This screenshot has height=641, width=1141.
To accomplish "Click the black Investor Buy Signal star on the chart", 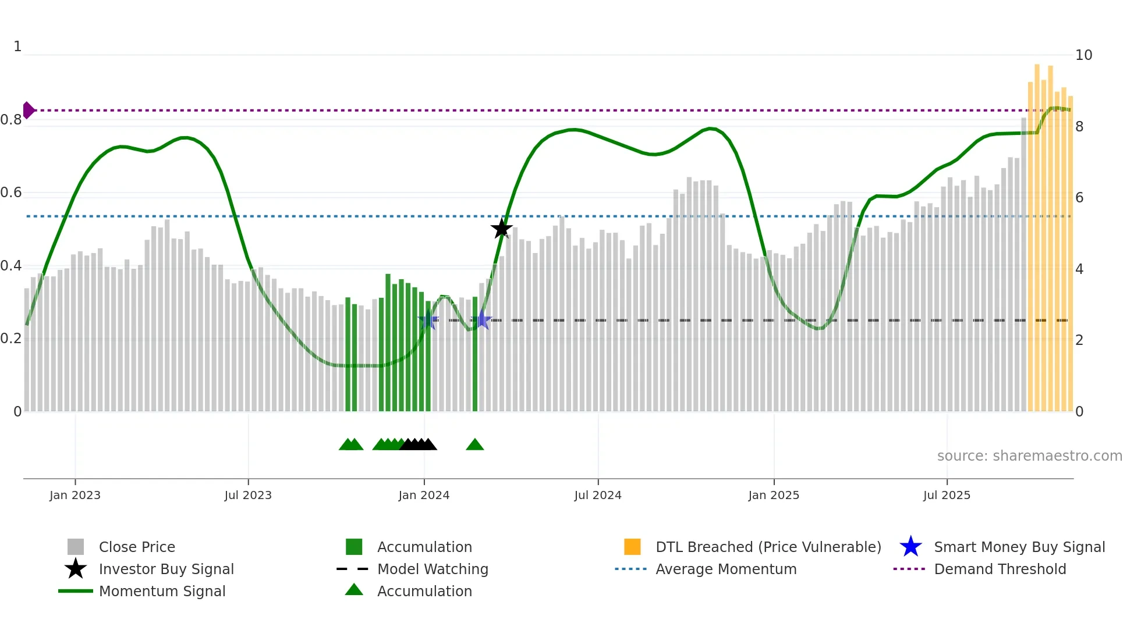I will tap(501, 229).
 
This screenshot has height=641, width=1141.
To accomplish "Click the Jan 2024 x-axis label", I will tap(424, 495).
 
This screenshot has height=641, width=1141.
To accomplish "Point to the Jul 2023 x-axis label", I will tap(248, 495).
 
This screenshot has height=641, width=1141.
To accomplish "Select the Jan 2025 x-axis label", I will tap(774, 495).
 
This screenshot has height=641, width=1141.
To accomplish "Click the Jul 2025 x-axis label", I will tap(947, 495).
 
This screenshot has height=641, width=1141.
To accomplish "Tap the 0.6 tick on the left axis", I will tap(12, 193).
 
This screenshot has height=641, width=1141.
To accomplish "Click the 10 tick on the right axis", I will tap(1083, 55).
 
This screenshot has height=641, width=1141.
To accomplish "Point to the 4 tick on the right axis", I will tap(1079, 269).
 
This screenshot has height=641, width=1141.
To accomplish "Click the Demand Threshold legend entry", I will tap(1000, 569).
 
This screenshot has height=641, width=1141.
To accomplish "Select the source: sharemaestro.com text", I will tap(1029, 456).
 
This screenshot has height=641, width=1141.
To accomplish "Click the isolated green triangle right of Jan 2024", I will tap(475, 445).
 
